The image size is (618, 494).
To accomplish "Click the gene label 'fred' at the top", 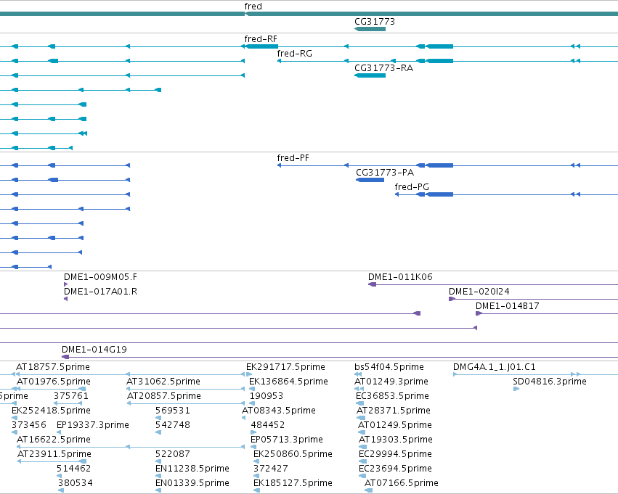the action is click(253, 7).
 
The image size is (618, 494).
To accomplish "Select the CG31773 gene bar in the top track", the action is click(370, 29).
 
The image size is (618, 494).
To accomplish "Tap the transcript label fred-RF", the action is click(261, 39).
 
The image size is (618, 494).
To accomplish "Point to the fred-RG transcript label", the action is click(294, 54).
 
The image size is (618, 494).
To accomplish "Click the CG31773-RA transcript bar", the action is click(370, 75).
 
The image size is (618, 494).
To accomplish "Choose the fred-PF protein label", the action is click(293, 158).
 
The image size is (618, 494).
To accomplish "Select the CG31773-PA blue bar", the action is click(370, 180).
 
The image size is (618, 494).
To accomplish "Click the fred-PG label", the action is click(412, 187).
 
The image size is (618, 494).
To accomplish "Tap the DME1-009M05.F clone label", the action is click(100, 277).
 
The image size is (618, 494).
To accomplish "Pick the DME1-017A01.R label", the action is click(100, 292).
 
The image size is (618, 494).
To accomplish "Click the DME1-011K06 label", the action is click(400, 277).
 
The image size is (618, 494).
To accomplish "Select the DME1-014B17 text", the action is click(508, 306).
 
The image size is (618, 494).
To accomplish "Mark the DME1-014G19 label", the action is click(94, 350).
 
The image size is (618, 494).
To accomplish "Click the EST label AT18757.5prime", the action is click(53, 367).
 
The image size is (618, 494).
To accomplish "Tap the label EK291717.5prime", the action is click(285, 367).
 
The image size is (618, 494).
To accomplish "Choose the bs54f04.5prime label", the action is click(389, 367).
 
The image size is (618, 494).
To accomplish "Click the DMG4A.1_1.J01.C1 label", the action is click(495, 367).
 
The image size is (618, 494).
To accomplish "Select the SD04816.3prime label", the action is click(550, 382).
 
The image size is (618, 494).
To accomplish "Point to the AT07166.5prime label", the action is click(402, 483).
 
